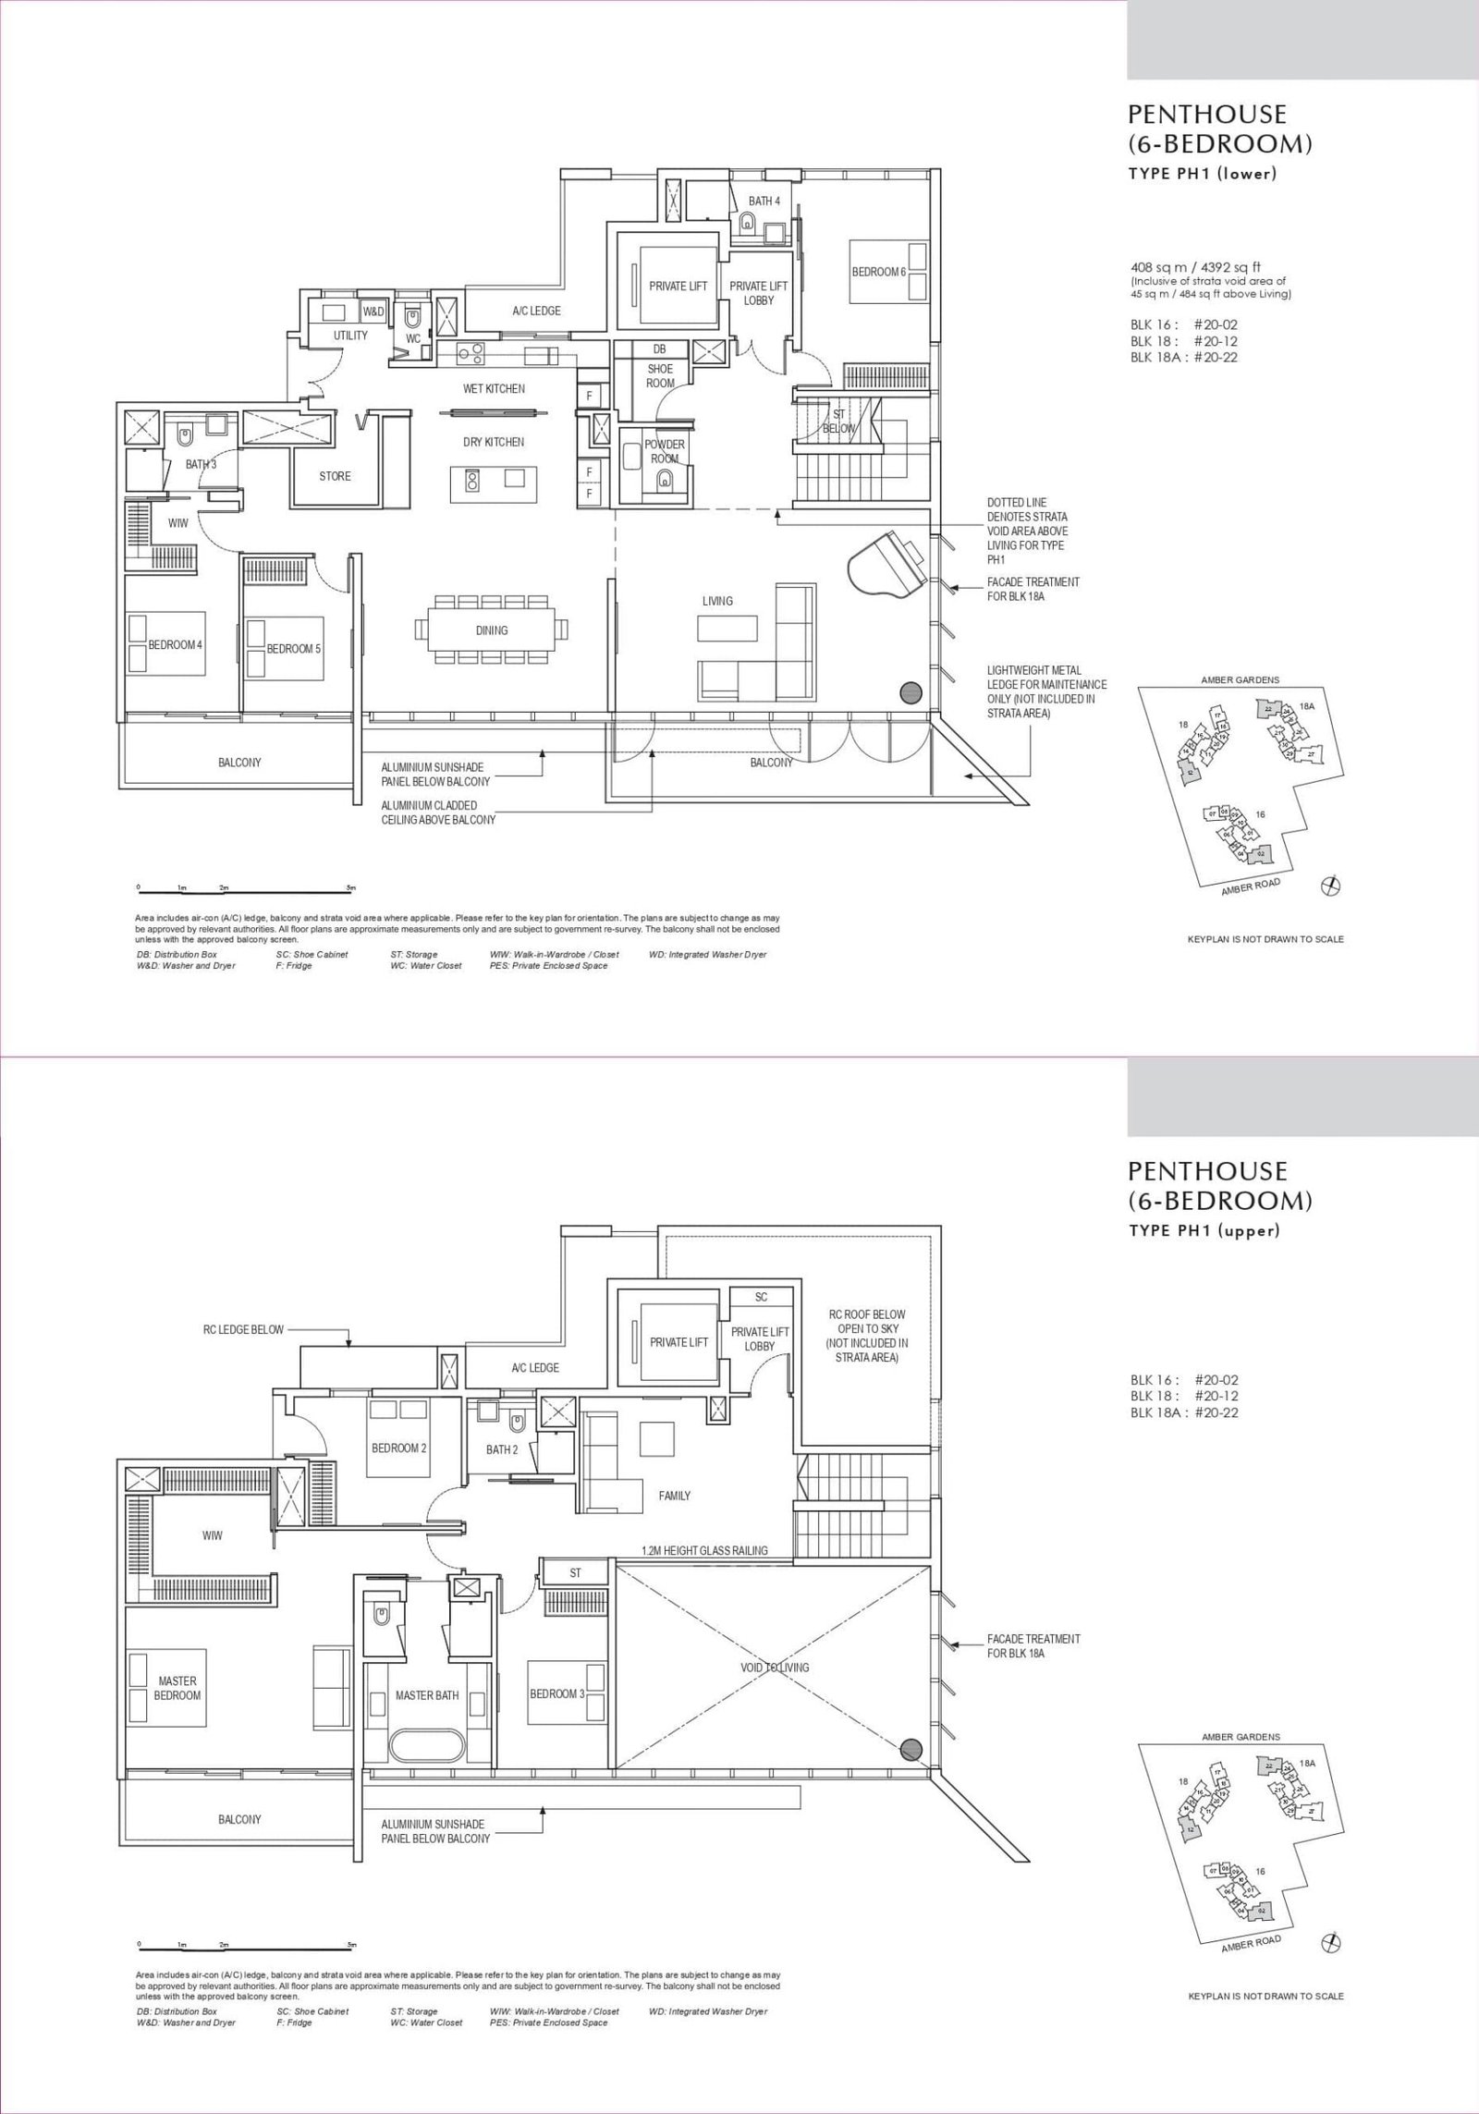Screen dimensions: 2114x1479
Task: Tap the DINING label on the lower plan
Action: point(492,630)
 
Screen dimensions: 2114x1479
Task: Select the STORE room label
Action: point(335,476)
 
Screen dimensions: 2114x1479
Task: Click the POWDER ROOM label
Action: point(665,451)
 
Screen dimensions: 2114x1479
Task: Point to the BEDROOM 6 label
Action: point(878,272)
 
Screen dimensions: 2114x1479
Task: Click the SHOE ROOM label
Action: point(660,375)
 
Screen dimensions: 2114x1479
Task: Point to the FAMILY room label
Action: point(675,1521)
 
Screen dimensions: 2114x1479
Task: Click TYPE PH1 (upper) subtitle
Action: point(1204,1231)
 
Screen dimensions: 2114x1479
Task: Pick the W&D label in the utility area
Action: point(374,312)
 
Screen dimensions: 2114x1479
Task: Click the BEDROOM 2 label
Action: point(398,1473)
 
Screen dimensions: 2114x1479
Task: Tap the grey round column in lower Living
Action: point(911,690)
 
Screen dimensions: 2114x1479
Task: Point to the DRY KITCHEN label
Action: point(494,442)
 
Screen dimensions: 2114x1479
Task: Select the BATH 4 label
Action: point(764,201)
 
